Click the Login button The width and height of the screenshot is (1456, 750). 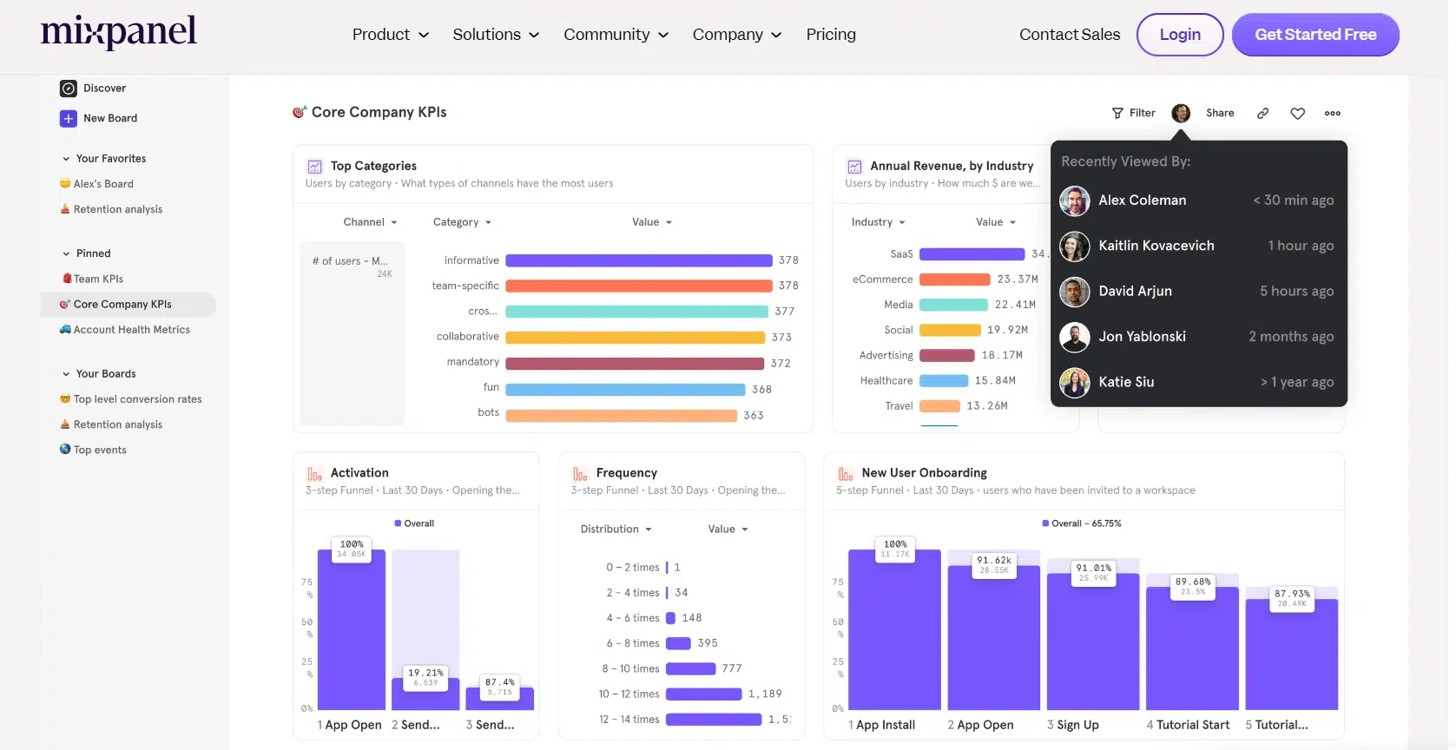pos(1179,35)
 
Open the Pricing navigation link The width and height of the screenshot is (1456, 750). pos(830,35)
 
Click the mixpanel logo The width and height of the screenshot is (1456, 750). pos(119,32)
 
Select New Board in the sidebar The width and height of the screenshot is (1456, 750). pos(109,118)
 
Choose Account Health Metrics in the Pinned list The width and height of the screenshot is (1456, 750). pos(131,330)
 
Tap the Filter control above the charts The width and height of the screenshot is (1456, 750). pos(1134,113)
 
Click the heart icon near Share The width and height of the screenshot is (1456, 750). pos(1297,114)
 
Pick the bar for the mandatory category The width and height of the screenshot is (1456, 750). pos(634,363)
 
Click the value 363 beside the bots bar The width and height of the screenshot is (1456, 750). pos(754,416)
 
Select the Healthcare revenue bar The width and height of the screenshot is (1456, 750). pos(943,380)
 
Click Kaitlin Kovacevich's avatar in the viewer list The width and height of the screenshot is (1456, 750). pos(1075,246)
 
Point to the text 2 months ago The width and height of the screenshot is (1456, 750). pos(1291,337)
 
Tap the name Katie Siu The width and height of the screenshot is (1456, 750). pos(1126,382)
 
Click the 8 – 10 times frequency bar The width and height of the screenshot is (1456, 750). pos(690,668)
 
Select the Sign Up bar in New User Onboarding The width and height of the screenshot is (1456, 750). pos(1092,642)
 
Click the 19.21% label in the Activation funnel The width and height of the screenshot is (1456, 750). pos(425,673)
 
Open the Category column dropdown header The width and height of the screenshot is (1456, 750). pos(462,222)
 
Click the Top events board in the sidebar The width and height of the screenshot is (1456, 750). pos(100,450)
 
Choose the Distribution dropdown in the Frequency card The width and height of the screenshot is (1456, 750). pos(616,529)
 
